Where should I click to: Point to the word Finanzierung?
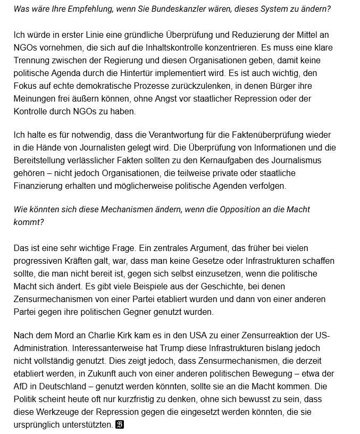tap(38, 186)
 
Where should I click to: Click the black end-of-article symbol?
tap(120, 425)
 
